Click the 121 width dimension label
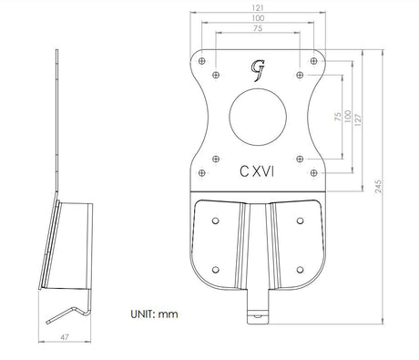(x=258, y=8)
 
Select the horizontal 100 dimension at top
(x=258, y=18)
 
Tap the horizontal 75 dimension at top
(x=258, y=28)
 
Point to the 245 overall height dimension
(x=378, y=187)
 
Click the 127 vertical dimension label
(x=358, y=120)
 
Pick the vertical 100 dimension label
(x=348, y=117)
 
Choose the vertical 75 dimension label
(x=338, y=117)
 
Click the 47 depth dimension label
(x=65, y=337)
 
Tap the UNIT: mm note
(x=154, y=314)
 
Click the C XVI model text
(x=257, y=171)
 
